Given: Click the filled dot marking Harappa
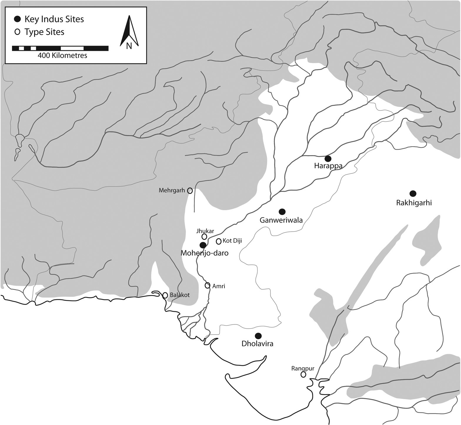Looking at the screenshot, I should tap(328, 159).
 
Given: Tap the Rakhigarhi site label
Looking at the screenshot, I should tap(414, 203).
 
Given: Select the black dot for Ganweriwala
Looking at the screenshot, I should tap(282, 211).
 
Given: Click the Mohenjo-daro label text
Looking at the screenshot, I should tap(204, 253).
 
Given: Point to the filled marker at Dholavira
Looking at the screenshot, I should tap(258, 336).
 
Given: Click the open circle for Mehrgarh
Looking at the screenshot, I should tap(190, 191).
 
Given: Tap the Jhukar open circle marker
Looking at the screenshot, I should tap(204, 237).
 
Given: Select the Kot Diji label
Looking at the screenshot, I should tap(232, 241).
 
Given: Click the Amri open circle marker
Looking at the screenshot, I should tap(208, 285).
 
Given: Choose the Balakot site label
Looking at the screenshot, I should tap(180, 295).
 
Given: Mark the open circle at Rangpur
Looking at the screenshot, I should tap(303, 374).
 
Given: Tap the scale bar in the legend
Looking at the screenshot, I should tap(60, 48).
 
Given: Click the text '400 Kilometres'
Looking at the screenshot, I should tap(62, 56).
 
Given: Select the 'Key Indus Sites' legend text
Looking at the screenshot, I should tap(54, 19).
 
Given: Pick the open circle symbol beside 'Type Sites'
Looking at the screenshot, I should tap(18, 32).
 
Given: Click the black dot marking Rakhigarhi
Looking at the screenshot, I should tap(413, 193).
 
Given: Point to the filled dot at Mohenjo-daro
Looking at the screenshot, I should tap(203, 245).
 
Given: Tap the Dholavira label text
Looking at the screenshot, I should tap(257, 344).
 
